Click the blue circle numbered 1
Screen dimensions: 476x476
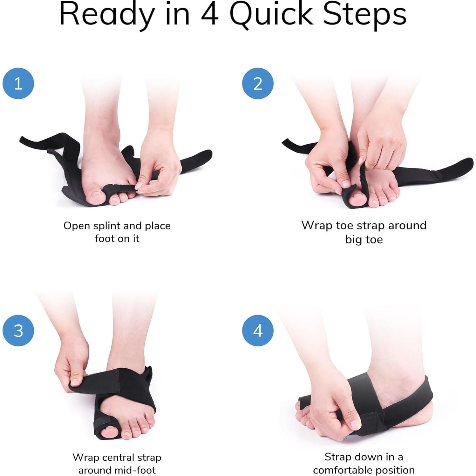(x=18, y=83)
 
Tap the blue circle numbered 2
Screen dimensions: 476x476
(x=258, y=83)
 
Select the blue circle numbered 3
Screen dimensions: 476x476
(x=18, y=330)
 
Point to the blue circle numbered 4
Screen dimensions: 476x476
(x=258, y=330)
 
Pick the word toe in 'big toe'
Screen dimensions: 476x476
(x=374, y=239)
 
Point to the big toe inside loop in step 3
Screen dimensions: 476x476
(x=108, y=432)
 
